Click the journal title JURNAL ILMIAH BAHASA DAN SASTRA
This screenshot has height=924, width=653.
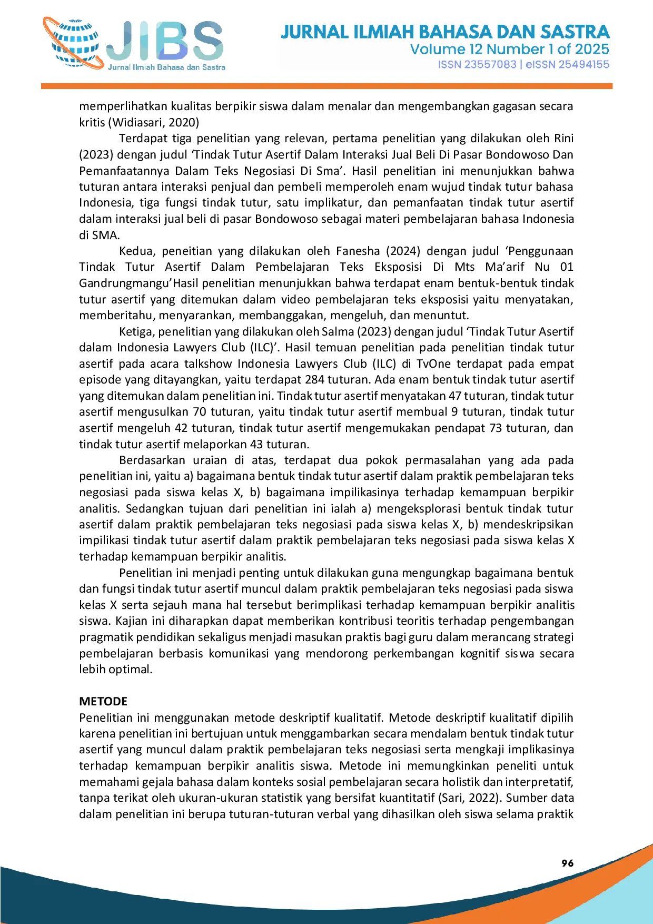coord(445,32)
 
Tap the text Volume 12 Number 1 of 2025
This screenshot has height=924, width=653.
coord(509,50)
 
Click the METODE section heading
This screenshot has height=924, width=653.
coord(103,701)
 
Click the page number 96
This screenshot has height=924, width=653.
coord(567,863)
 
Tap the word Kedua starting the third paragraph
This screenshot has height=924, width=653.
coord(136,251)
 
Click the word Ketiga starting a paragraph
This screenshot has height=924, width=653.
coord(136,332)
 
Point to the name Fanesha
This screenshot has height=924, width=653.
coord(358,251)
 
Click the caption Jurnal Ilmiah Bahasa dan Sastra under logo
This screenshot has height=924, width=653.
coord(166,67)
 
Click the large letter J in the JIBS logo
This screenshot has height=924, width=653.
coord(121,41)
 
